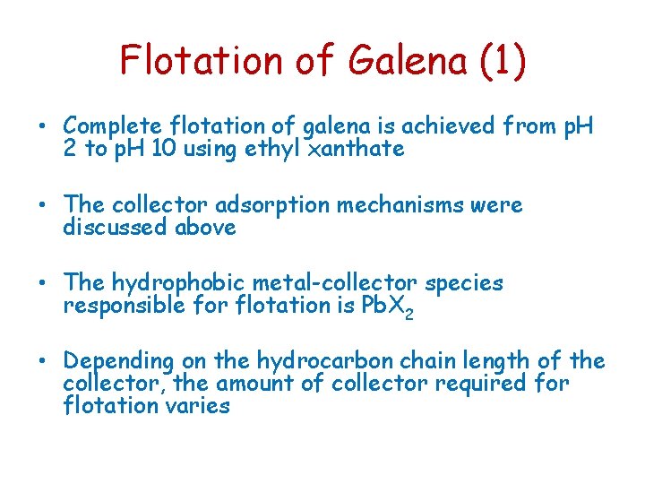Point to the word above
point(207,228)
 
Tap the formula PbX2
point(388,307)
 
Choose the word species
point(464,283)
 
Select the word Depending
point(118,362)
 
